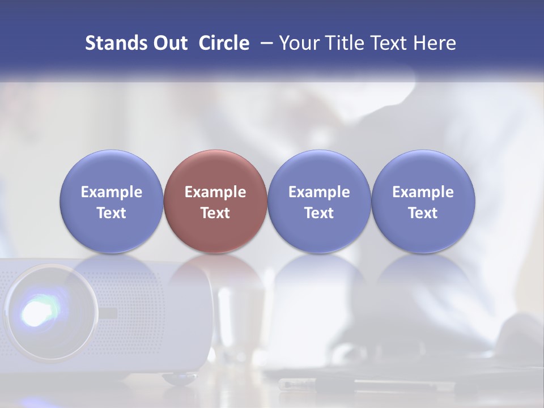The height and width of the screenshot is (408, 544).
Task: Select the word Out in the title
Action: point(169,43)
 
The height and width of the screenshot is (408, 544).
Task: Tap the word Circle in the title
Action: point(224,43)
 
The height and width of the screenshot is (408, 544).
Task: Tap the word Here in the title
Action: point(435,43)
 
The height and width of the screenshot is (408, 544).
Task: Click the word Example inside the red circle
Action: point(215,192)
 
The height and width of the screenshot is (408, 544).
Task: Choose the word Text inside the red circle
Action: point(215,213)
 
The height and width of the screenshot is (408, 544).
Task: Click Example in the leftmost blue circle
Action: point(112,192)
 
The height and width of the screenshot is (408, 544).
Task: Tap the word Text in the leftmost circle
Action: point(112,213)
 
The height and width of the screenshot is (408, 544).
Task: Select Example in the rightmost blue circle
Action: point(423,192)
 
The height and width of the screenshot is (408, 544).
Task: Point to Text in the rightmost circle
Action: point(423,213)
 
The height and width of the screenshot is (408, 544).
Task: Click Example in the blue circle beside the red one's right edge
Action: point(319,192)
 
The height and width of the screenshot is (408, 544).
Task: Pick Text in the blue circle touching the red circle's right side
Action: point(319,213)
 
